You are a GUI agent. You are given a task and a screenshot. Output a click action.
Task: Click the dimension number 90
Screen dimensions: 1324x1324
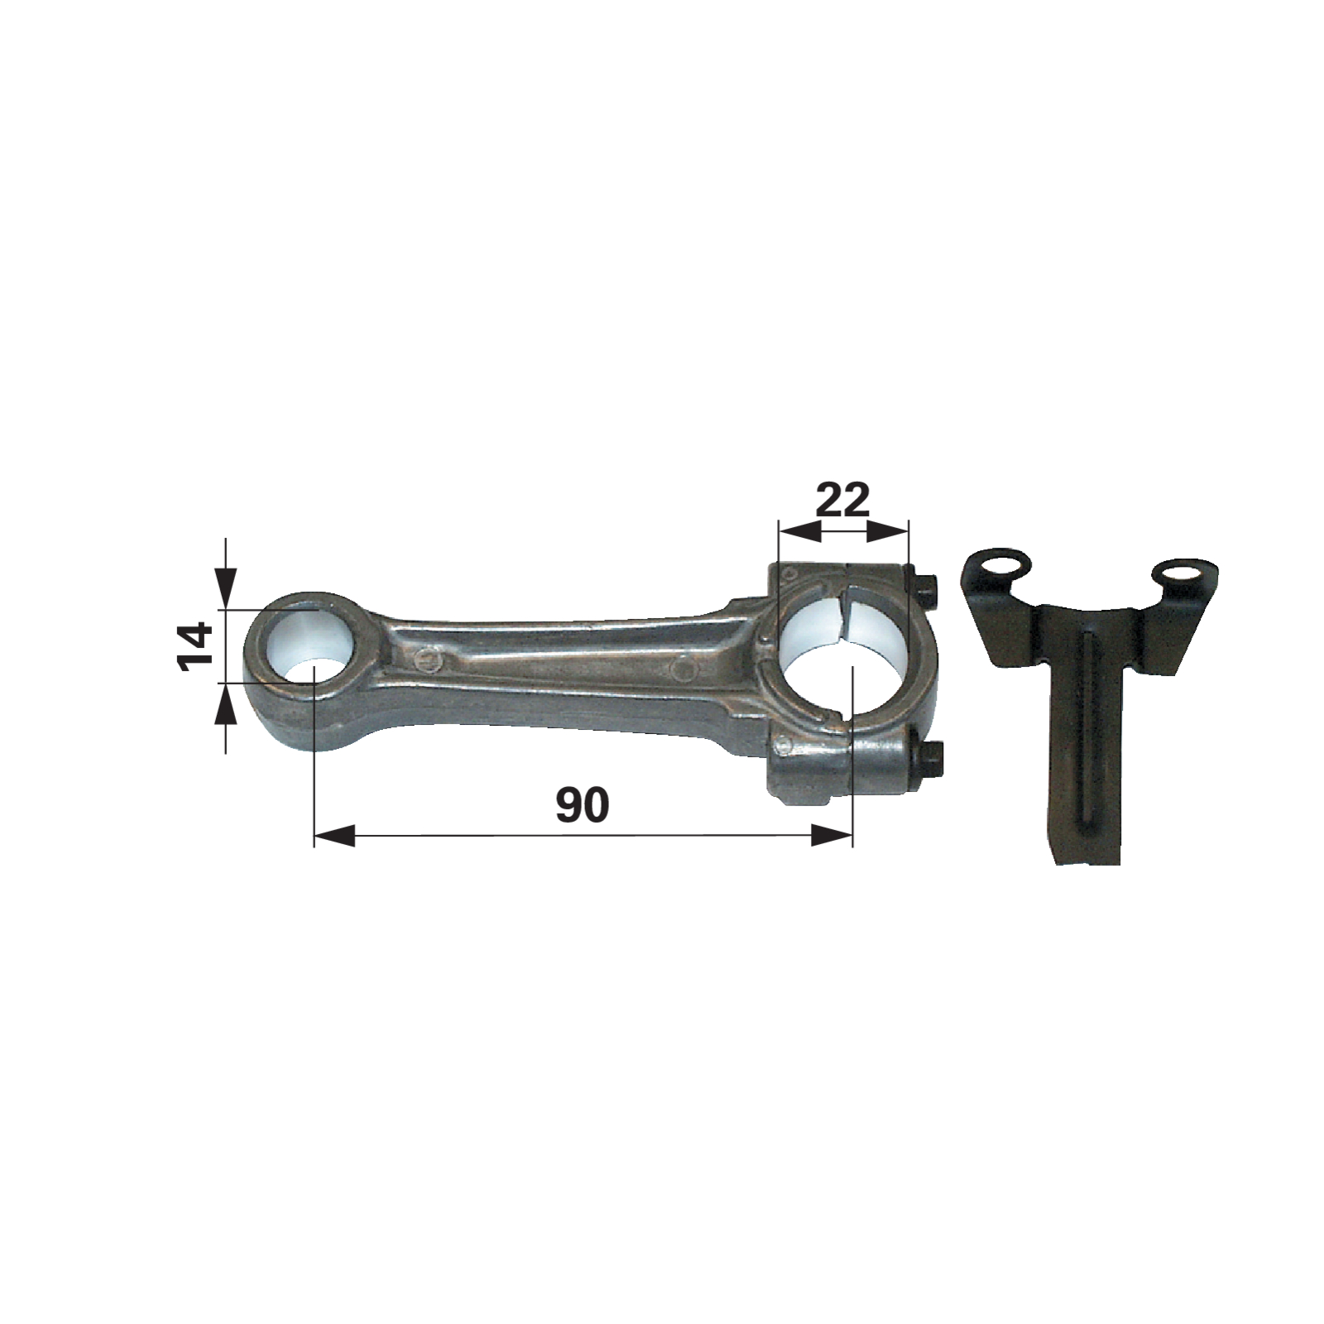[x=583, y=805]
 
